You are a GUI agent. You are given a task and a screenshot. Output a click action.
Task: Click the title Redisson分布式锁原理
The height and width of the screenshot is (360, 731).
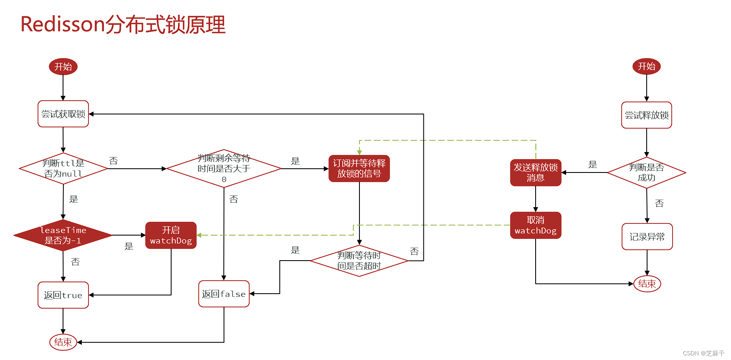coord(123,25)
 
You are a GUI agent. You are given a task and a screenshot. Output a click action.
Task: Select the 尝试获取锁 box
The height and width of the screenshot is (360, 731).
coord(63,114)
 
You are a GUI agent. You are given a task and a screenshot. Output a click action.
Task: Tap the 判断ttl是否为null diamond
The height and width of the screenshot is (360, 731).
coord(63,169)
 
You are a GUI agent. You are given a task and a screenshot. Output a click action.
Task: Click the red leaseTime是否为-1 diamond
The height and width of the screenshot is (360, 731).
coord(63,235)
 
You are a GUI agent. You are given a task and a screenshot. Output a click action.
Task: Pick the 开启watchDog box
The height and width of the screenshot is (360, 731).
coord(171,235)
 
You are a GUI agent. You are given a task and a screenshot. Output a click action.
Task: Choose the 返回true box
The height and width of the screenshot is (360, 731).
coord(63,295)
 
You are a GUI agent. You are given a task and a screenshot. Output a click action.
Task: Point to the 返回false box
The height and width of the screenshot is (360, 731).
coord(224,294)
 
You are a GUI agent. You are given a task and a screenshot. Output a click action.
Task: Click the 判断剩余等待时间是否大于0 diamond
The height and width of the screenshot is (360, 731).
coord(224,169)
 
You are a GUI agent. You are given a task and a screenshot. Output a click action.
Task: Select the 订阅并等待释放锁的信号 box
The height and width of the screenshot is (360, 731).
coord(359,169)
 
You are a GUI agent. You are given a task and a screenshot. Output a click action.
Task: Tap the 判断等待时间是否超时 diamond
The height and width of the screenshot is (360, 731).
coord(359,261)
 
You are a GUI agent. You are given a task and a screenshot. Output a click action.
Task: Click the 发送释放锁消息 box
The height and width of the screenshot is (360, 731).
coord(536,172)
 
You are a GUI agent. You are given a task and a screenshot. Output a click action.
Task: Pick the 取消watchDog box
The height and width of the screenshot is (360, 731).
coord(536,225)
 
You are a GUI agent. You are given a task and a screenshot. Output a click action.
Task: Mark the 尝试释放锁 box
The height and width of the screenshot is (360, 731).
coord(646,115)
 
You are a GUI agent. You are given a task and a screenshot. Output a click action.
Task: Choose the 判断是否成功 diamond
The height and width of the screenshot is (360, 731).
coord(646,172)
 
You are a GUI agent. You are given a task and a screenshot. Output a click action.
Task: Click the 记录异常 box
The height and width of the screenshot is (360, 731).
coord(647,236)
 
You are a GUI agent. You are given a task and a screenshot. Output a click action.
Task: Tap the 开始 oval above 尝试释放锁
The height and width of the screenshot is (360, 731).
coord(646,66)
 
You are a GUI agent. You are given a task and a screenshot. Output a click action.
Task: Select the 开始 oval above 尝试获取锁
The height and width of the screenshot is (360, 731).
coord(63,67)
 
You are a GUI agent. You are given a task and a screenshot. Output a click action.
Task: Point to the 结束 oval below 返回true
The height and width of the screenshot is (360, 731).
coord(63,342)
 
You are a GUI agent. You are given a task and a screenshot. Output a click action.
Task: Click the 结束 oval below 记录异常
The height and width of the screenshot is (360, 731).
coord(647,284)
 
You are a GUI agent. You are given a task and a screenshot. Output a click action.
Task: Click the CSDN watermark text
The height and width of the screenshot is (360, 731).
coord(703,353)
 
